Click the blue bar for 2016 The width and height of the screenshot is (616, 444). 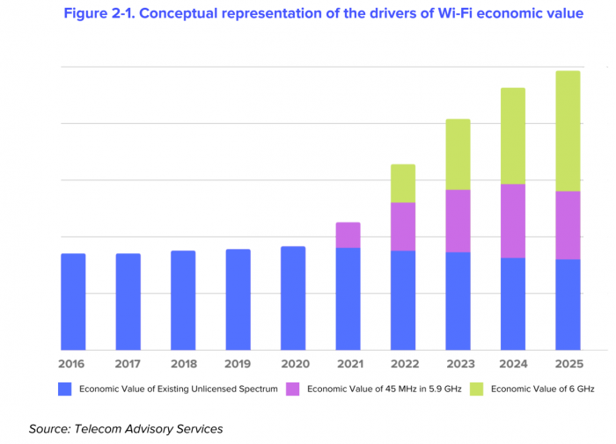(x=73, y=302)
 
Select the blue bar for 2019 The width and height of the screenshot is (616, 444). (x=238, y=299)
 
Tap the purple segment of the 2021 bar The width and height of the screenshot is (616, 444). (x=348, y=235)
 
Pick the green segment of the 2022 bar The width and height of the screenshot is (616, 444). (x=403, y=183)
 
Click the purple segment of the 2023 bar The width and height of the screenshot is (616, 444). (x=458, y=221)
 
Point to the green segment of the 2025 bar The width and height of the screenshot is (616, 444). (x=568, y=131)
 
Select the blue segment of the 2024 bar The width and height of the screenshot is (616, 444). (x=513, y=303)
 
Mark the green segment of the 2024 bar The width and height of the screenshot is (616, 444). (x=513, y=135)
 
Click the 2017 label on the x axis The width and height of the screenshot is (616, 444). (x=128, y=363)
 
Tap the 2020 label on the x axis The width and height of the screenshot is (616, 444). (x=292, y=363)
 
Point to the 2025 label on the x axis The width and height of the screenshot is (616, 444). (x=568, y=363)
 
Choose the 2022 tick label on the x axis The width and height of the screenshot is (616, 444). (x=403, y=363)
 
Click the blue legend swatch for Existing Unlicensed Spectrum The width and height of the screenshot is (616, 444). (x=64, y=389)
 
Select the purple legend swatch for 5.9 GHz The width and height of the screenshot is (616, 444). (x=293, y=389)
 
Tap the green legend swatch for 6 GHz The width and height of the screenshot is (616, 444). (x=476, y=389)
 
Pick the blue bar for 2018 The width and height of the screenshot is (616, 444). (x=183, y=300)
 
